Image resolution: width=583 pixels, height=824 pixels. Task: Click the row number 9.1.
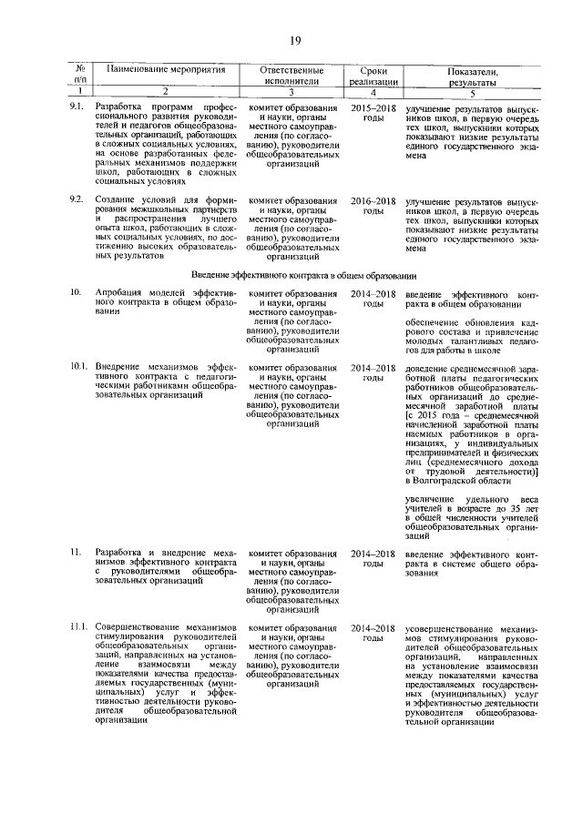(77, 107)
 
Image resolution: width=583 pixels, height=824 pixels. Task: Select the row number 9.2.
(77, 199)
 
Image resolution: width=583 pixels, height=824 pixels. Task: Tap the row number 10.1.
(79, 367)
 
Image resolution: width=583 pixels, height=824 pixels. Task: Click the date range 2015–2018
(373, 107)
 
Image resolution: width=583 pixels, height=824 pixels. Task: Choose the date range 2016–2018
(373, 199)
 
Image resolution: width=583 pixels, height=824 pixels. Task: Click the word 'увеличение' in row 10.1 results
(430, 499)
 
